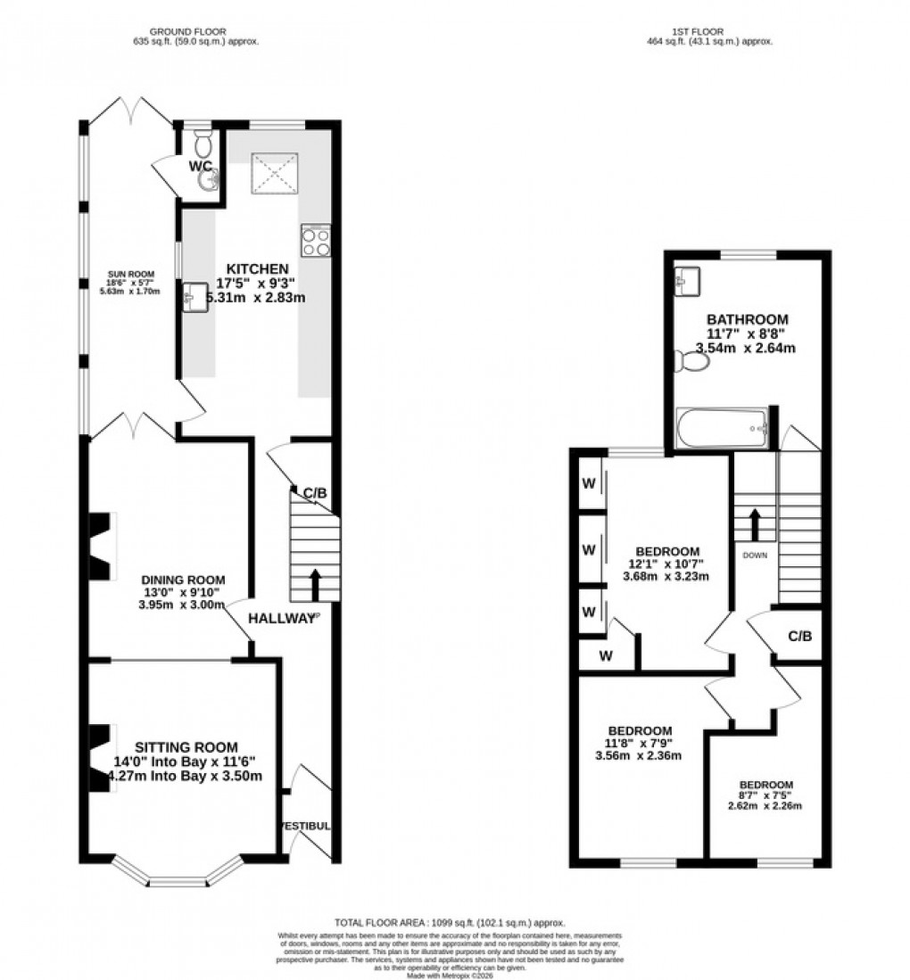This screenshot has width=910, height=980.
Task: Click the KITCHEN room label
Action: click(257, 268)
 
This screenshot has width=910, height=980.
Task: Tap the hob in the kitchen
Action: click(316, 241)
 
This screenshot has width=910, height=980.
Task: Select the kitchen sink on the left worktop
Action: click(194, 295)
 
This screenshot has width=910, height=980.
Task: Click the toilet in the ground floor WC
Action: click(203, 142)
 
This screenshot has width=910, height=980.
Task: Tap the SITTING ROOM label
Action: click(186, 747)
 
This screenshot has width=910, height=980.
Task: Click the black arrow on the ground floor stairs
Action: click(314, 584)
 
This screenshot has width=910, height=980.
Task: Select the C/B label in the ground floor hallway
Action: click(315, 492)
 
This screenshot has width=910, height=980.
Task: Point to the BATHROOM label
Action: click(747, 319)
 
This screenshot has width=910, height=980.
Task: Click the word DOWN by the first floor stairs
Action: click(755, 554)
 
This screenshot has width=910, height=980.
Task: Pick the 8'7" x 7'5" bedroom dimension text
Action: click(765, 795)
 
